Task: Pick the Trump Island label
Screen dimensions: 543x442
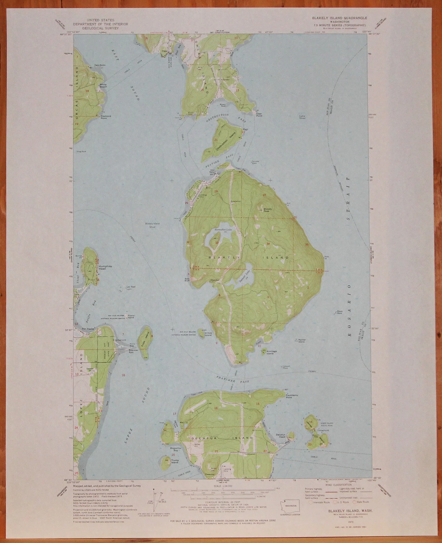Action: [x=175, y=461]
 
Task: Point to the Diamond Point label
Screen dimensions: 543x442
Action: [x=106, y=117]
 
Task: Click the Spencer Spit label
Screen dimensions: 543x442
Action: [x=133, y=351]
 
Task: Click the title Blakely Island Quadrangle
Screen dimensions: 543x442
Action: [x=339, y=18]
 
